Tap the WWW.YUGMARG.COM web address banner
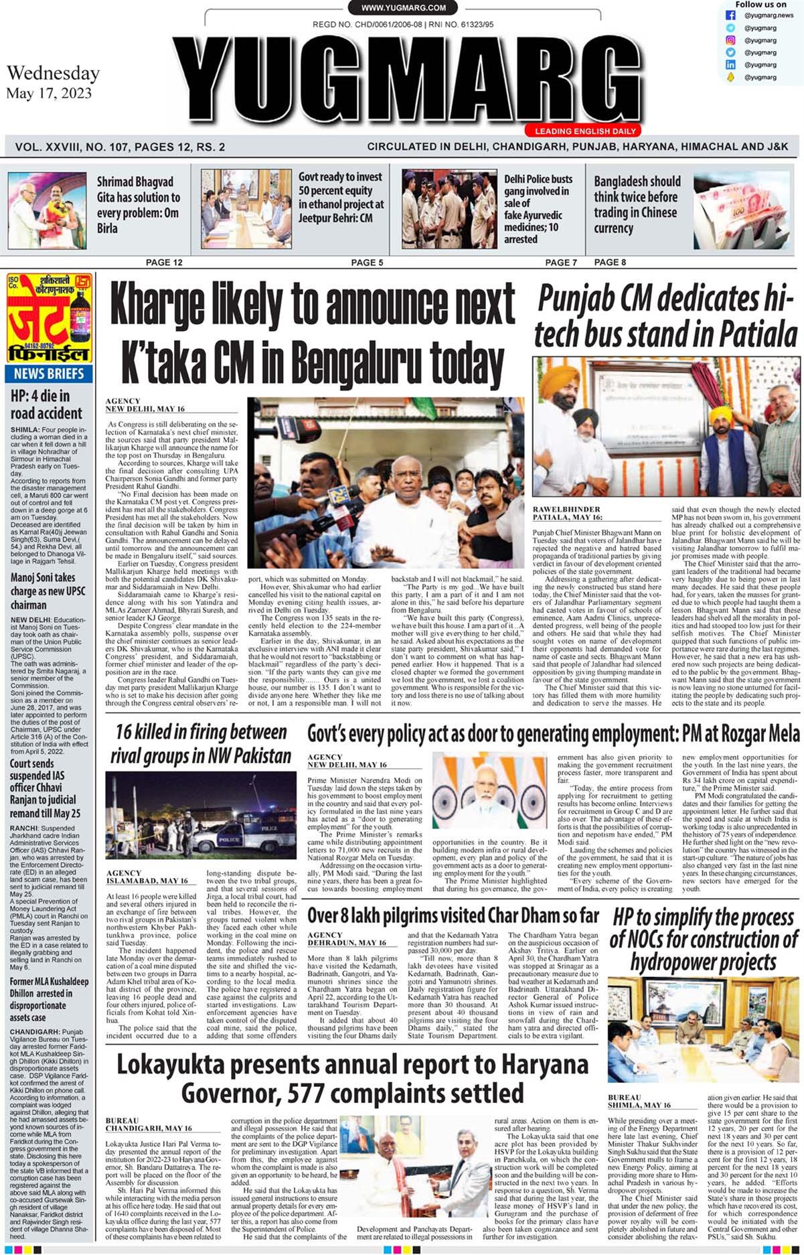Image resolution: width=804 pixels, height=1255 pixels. [x=403, y=8]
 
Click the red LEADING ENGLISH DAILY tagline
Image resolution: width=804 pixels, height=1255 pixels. [x=585, y=131]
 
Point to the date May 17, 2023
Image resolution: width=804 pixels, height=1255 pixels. [x=49, y=93]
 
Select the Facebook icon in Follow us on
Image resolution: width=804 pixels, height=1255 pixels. [x=730, y=15]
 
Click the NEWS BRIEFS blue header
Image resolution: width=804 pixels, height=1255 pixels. [x=49, y=373]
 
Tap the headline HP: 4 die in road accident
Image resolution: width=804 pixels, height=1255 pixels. [x=46, y=404]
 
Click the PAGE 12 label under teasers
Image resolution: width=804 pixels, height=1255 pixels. [x=163, y=263]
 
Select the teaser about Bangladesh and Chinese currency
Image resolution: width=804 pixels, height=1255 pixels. [x=636, y=204]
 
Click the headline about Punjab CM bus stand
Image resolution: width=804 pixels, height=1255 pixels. [x=666, y=316]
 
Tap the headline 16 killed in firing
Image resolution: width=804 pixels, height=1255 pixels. [x=200, y=743]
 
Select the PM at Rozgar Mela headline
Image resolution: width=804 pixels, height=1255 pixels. [x=553, y=735]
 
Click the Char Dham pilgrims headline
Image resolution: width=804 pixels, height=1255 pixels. [x=453, y=915]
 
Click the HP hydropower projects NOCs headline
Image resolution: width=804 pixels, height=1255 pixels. [x=704, y=940]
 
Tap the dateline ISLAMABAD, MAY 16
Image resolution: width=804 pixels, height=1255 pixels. [x=147, y=881]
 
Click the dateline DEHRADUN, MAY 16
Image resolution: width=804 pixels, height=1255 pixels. [x=347, y=943]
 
